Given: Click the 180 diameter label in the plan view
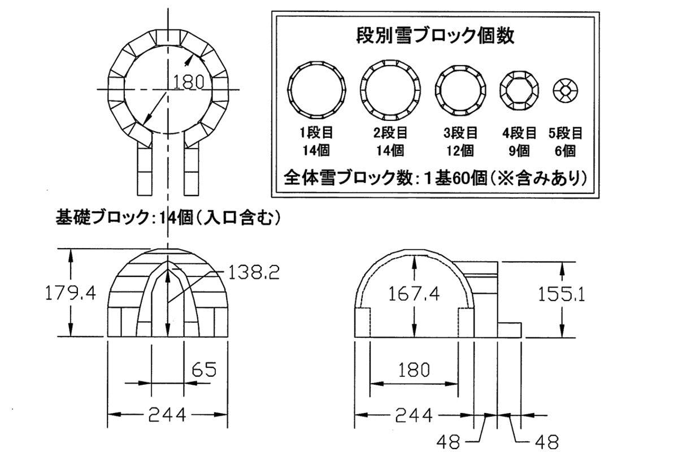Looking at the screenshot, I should pyautogui.click(x=188, y=83).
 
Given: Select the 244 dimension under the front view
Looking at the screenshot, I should pyautogui.click(x=167, y=416).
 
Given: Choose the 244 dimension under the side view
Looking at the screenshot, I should pyautogui.click(x=414, y=416).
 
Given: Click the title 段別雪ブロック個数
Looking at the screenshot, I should pyautogui.click(x=435, y=37).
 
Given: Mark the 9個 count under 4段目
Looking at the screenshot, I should pyautogui.click(x=519, y=151).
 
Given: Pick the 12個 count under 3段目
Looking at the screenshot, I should pyautogui.click(x=460, y=151).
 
